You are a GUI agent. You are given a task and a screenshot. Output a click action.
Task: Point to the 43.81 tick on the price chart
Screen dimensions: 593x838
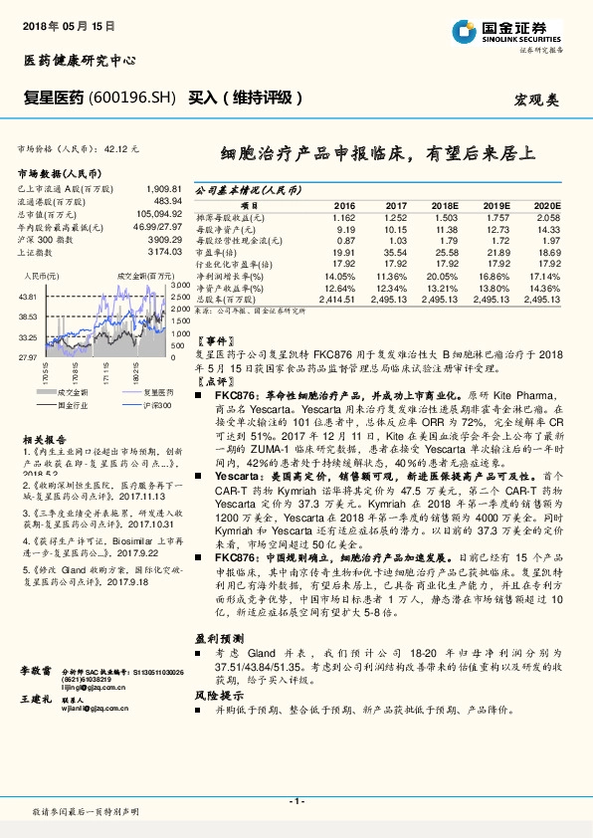click(x=28, y=297)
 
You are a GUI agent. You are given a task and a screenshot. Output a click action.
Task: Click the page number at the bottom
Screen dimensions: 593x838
click(x=296, y=801)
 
